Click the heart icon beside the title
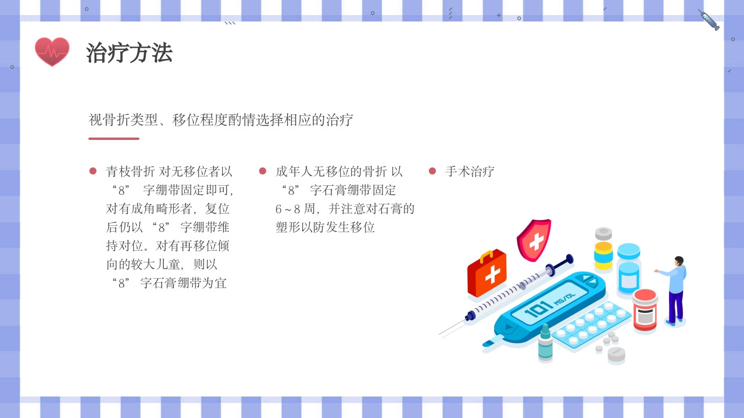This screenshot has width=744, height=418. pos(52,52)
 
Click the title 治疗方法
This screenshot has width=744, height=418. pos(129,53)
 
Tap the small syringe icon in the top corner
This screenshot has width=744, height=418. pos(709,20)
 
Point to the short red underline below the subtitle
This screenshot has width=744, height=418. pos(114,139)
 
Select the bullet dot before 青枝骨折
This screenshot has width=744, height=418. pos(93,171)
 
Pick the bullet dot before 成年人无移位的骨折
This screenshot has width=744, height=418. pos(263,171)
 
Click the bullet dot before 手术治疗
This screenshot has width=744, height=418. pos(432,171)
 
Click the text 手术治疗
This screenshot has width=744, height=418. pos(470,171)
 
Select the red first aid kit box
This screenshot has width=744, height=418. pos(487,274)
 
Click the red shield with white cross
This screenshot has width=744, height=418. pos(534,239)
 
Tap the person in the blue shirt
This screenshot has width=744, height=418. pos(674,290)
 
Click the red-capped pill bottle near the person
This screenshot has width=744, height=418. pos(645,310)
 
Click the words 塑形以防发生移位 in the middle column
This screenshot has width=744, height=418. pos(325,227)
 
